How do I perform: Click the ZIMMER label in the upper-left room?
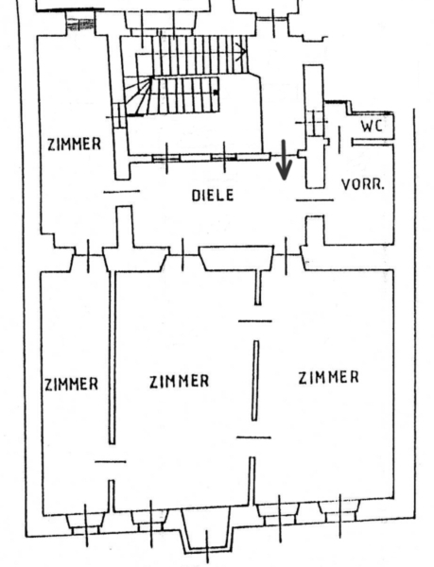74,144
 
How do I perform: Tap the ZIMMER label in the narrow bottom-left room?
71,384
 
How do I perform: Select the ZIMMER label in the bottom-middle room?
180,381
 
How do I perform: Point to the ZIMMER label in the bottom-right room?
328,377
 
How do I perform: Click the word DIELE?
213,196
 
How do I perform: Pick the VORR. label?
362,184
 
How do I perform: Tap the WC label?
372,126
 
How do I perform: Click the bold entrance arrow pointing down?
285,160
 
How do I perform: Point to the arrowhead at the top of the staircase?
242,50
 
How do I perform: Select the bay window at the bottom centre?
207,531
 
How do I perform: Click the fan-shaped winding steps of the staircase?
138,95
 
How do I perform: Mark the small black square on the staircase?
216,93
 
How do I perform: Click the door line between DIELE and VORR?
315,199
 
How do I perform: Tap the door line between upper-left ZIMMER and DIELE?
122,191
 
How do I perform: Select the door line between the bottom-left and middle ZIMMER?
111,461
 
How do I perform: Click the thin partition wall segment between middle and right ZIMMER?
255,381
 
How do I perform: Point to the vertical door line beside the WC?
339,140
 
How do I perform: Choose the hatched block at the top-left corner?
80,24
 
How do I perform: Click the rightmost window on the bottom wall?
339,513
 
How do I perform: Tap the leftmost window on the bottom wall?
86,523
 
